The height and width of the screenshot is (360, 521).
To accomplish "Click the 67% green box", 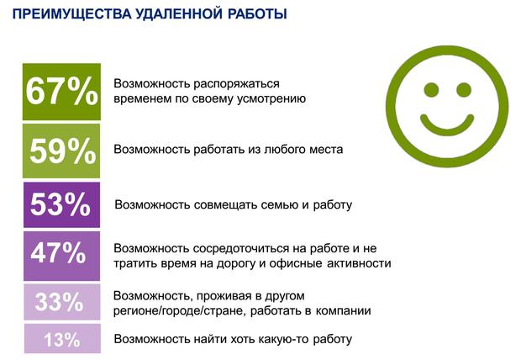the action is [x=61, y=92].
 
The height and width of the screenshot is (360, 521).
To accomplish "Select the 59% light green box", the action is [x=61, y=151].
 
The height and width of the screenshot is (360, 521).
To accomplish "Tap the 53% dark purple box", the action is [x=62, y=204].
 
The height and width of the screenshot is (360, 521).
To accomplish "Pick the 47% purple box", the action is [x=62, y=256].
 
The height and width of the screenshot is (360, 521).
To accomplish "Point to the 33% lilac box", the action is [x=62, y=302].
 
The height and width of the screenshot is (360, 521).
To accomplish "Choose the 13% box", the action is [x=62, y=338].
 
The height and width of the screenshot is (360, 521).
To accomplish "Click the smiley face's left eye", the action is [x=431, y=90].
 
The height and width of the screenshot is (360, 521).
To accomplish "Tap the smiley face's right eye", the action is [x=464, y=90].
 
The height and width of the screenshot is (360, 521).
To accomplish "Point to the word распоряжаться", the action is [x=236, y=84].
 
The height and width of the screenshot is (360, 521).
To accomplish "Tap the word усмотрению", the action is [x=271, y=99].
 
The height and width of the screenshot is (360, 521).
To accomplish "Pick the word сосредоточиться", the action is [x=241, y=248].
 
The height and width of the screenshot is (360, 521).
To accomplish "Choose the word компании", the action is [x=343, y=311].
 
